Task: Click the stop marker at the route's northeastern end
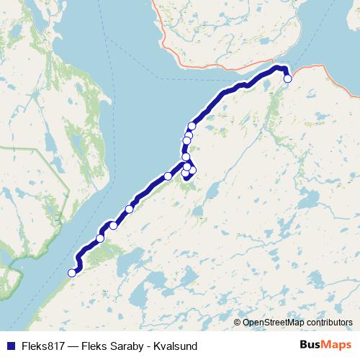[x=287, y=79]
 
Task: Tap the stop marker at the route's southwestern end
[x=72, y=272]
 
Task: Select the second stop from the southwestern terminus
[x=101, y=238]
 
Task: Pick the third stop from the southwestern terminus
[x=113, y=226]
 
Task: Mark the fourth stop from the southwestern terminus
[x=130, y=210]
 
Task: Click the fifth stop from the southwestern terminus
[x=168, y=176]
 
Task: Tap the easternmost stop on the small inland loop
[x=192, y=170]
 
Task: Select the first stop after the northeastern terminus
[x=192, y=126]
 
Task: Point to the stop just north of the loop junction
[x=186, y=157]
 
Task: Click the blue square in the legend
[x=11, y=345]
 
